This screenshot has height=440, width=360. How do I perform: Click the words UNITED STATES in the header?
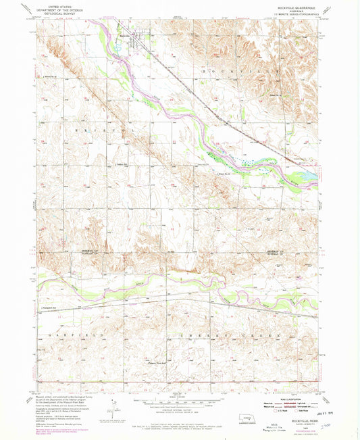coord(57,5)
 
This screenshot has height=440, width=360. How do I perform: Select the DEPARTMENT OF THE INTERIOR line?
coord(57,8)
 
